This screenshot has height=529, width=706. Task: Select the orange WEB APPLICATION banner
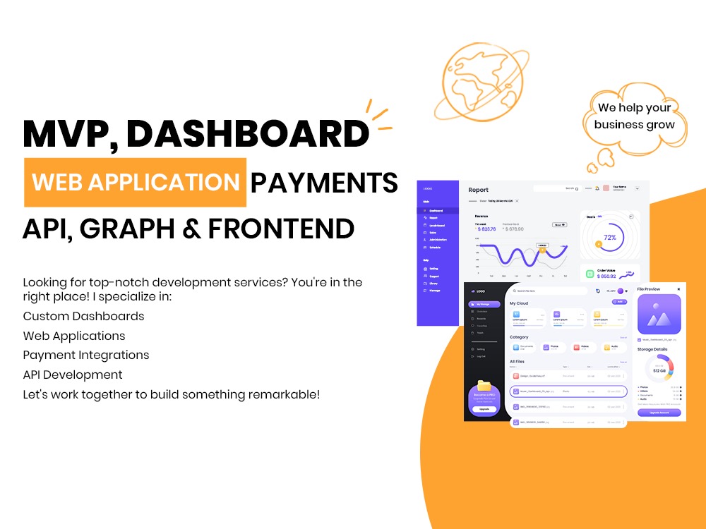(x=136, y=182)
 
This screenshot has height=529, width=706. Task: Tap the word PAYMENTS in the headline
(x=324, y=183)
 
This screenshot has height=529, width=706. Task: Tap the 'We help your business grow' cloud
(x=634, y=116)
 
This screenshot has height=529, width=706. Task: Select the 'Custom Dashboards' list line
(x=83, y=316)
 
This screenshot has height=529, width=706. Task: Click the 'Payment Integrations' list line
(x=86, y=355)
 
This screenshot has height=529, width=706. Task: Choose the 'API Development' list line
(x=73, y=375)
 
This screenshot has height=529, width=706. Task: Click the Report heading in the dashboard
(x=478, y=190)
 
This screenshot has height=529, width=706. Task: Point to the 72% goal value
(x=610, y=237)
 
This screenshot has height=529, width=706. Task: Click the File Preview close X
(x=678, y=289)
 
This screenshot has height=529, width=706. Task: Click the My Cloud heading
(x=519, y=303)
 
